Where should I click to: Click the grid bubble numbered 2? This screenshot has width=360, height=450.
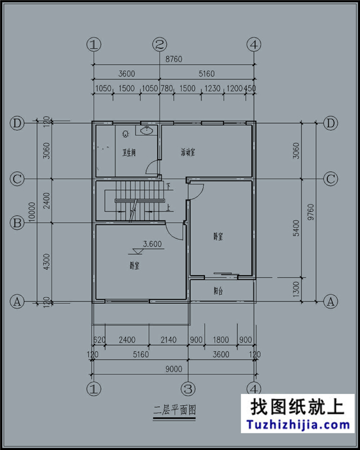pyautogui.click(x=160, y=44)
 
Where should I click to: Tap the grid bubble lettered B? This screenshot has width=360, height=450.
pyautogui.click(x=17, y=223)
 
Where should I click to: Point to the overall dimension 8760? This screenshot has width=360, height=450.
pyautogui.click(x=173, y=59)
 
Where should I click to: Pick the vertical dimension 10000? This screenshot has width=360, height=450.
pyautogui.click(x=33, y=211)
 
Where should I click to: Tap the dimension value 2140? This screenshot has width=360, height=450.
pyautogui.click(x=168, y=340)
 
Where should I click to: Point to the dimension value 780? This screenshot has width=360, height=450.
pyautogui.click(x=166, y=89)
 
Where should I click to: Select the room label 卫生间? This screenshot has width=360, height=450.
pyautogui.click(x=129, y=152)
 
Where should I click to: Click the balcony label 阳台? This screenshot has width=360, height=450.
pyautogui.click(x=218, y=290)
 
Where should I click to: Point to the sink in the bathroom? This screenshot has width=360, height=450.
pyautogui.click(x=146, y=131)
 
